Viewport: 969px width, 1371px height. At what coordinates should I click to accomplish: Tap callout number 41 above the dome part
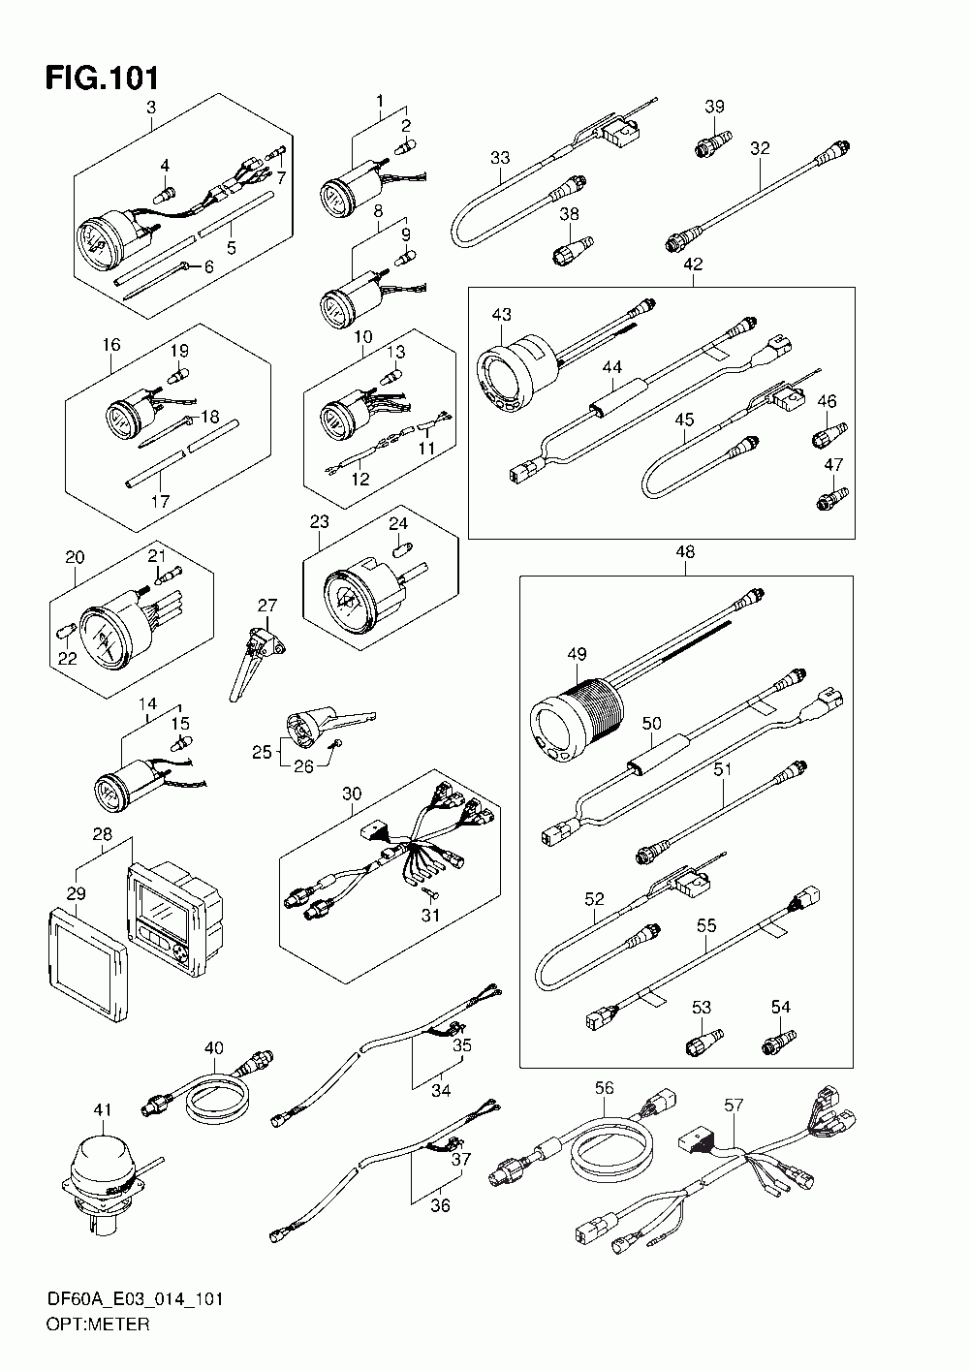[103, 1109]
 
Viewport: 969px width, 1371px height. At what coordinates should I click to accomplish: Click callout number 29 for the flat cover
[77, 892]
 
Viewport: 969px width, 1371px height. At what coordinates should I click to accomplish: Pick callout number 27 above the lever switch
[267, 606]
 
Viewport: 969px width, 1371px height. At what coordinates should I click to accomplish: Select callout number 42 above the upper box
[692, 264]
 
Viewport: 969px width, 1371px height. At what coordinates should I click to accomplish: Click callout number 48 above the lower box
[685, 552]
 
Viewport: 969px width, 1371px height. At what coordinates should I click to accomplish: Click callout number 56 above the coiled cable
[605, 1088]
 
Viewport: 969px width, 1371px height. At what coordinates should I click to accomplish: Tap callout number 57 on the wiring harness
[734, 1104]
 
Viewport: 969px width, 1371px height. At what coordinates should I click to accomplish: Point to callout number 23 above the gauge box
[320, 521]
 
